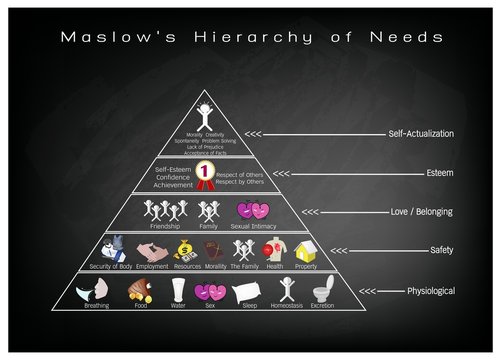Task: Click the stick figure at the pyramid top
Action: (x=205, y=109)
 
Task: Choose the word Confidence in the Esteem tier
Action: (x=173, y=176)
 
